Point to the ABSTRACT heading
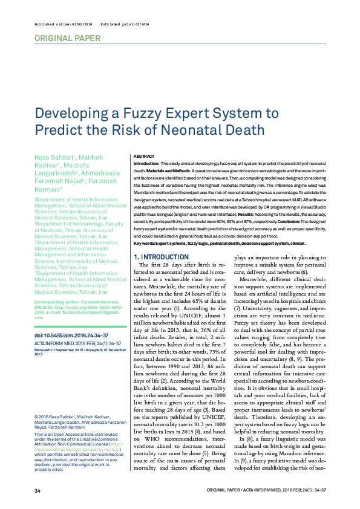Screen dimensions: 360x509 (144, 156)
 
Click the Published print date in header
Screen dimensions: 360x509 (122, 24)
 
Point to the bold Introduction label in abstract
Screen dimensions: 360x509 (145, 163)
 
